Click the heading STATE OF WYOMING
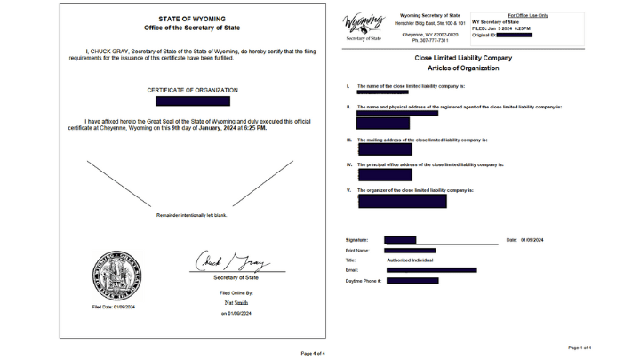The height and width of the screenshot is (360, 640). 192,18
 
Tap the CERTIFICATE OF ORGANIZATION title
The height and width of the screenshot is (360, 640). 192,90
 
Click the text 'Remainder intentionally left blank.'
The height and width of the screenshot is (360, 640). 192,216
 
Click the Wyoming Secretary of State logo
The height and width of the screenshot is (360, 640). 363,25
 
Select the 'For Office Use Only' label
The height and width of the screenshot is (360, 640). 528,15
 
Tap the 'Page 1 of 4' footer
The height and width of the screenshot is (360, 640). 579,348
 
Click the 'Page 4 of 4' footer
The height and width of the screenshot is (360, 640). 313,353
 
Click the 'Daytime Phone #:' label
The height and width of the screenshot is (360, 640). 363,280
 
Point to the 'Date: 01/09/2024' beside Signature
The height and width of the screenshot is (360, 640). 524,240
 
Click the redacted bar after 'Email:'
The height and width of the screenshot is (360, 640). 431,269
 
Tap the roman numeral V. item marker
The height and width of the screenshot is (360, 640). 348,190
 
